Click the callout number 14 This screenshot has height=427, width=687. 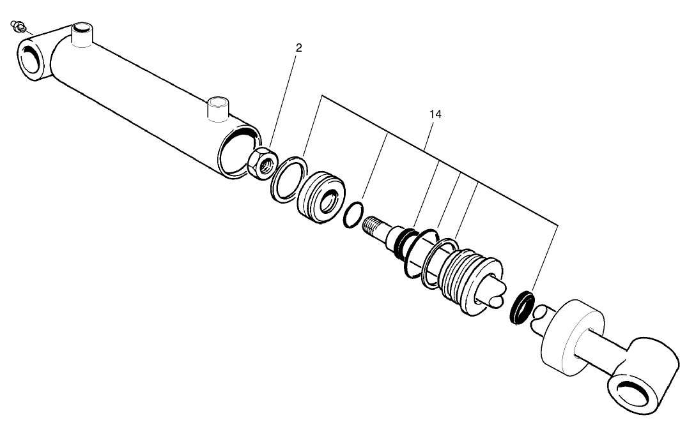point(435,114)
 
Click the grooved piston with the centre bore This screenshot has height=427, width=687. point(322,197)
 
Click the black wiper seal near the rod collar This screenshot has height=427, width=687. point(522,307)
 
